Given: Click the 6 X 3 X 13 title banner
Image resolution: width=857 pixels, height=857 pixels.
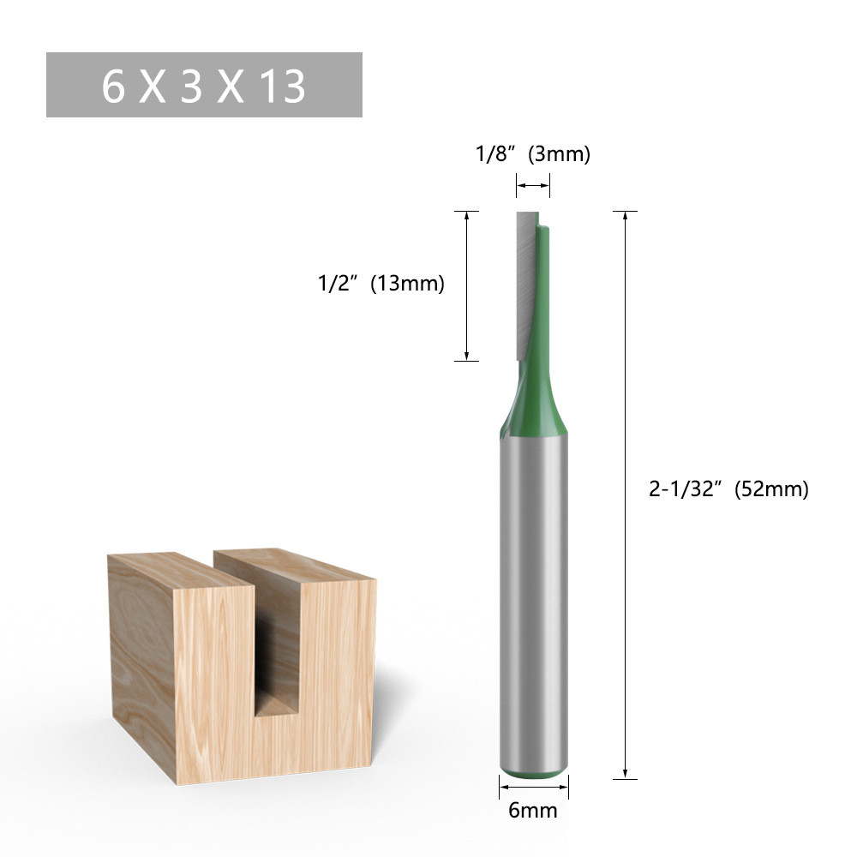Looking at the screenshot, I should coord(204,85).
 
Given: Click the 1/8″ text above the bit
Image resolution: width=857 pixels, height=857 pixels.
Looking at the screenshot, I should coord(496,154).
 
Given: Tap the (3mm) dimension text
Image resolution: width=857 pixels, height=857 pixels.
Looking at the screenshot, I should coord(560,154).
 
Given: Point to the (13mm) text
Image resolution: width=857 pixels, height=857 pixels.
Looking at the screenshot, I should coord(407,284).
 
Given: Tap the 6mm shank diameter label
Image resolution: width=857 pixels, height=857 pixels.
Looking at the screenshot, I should coord(533,810).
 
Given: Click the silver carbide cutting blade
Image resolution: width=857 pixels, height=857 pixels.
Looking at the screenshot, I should coord(524,283).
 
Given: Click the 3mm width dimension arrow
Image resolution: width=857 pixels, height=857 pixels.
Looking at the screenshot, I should coord(533,184).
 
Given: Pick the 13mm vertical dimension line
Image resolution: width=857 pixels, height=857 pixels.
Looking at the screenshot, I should coord(466,285).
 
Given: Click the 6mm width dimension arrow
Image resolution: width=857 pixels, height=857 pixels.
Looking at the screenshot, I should coord(533,786).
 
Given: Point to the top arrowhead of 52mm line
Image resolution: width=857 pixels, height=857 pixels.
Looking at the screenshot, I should coord(626,216).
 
